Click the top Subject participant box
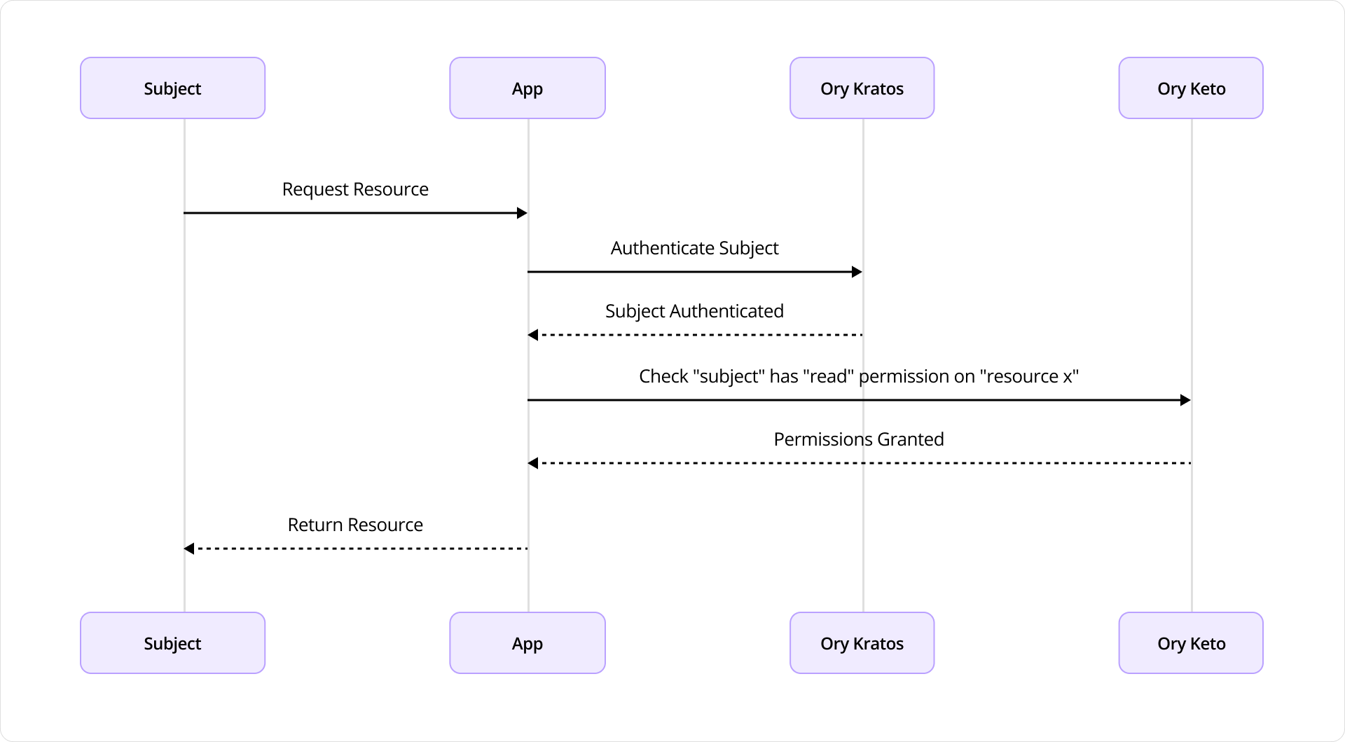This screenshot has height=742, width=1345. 172,88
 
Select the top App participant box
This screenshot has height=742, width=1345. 527,88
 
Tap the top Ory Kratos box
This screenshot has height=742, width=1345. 862,88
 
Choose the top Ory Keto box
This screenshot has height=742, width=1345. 1191,88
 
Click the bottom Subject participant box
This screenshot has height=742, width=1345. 172,643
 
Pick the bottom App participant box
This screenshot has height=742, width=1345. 527,643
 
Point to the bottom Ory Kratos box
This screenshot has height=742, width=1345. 862,643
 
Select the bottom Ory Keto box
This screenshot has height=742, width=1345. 1191,643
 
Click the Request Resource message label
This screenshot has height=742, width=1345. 355,189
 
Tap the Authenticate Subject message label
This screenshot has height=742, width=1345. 694,248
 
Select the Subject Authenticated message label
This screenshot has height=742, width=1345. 694,311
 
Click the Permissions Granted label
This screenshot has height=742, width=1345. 859,439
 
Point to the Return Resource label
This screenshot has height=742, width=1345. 355,525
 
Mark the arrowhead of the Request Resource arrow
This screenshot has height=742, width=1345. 522,213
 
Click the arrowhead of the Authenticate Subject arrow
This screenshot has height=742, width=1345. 857,272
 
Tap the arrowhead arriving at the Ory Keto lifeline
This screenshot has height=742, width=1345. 1185,400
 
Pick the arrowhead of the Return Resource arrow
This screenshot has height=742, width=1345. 189,549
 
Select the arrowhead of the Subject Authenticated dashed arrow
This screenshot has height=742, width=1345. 533,335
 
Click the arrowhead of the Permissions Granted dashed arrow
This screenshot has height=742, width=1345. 533,463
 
